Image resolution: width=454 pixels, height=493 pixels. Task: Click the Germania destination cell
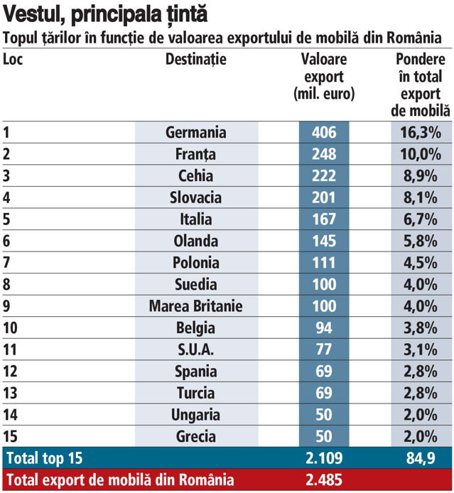pos(196,132)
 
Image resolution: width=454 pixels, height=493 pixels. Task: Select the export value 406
pos(324,132)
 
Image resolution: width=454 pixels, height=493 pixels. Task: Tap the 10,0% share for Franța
pos(421,154)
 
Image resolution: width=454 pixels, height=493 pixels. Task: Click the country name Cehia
pos(196,175)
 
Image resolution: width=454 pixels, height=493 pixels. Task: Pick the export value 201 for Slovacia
pos(324,197)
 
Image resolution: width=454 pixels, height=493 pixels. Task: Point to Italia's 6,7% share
pos(421,219)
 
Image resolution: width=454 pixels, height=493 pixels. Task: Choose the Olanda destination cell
pos(196,241)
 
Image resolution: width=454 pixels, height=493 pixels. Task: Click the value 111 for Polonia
pos(324,263)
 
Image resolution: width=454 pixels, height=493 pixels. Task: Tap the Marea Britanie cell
pos(196,306)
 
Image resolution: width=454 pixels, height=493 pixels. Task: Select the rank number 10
pos(10,328)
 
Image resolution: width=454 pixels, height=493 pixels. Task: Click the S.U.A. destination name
pos(196,350)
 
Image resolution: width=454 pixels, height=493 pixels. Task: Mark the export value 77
pos(324,350)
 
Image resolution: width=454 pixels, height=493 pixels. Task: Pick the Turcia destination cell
pos(196,393)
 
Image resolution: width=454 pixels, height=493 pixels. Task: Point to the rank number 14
pos(11,415)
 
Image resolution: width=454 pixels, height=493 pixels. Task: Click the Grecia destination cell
pos(196,436)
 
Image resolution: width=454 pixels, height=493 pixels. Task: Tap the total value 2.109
pos(324,458)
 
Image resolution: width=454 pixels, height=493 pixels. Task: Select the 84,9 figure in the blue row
pos(421,458)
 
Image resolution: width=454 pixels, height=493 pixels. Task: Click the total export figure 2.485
pos(324,480)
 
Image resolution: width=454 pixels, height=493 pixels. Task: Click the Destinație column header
pos(196,60)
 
